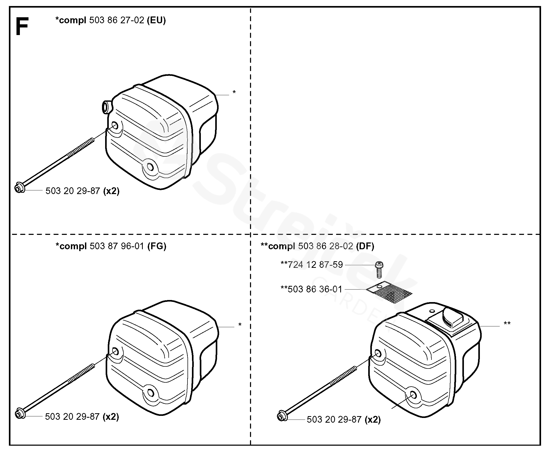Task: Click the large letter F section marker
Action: pyautogui.click(x=22, y=27)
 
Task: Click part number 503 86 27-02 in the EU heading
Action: pyautogui.click(x=117, y=20)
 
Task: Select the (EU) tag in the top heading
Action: pyautogui.click(x=156, y=20)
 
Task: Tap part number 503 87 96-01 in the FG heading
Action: pyautogui.click(x=117, y=246)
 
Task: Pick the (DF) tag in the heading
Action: pyautogui.click(x=365, y=246)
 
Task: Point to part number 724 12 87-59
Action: pyautogui.click(x=315, y=265)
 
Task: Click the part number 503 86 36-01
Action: pyautogui.click(x=315, y=289)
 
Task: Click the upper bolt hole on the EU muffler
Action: pyautogui.click(x=115, y=126)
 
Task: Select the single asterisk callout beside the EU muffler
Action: pyautogui.click(x=234, y=92)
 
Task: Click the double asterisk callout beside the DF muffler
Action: pyautogui.click(x=507, y=324)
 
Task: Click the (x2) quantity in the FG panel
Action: pyautogui.click(x=111, y=416)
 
